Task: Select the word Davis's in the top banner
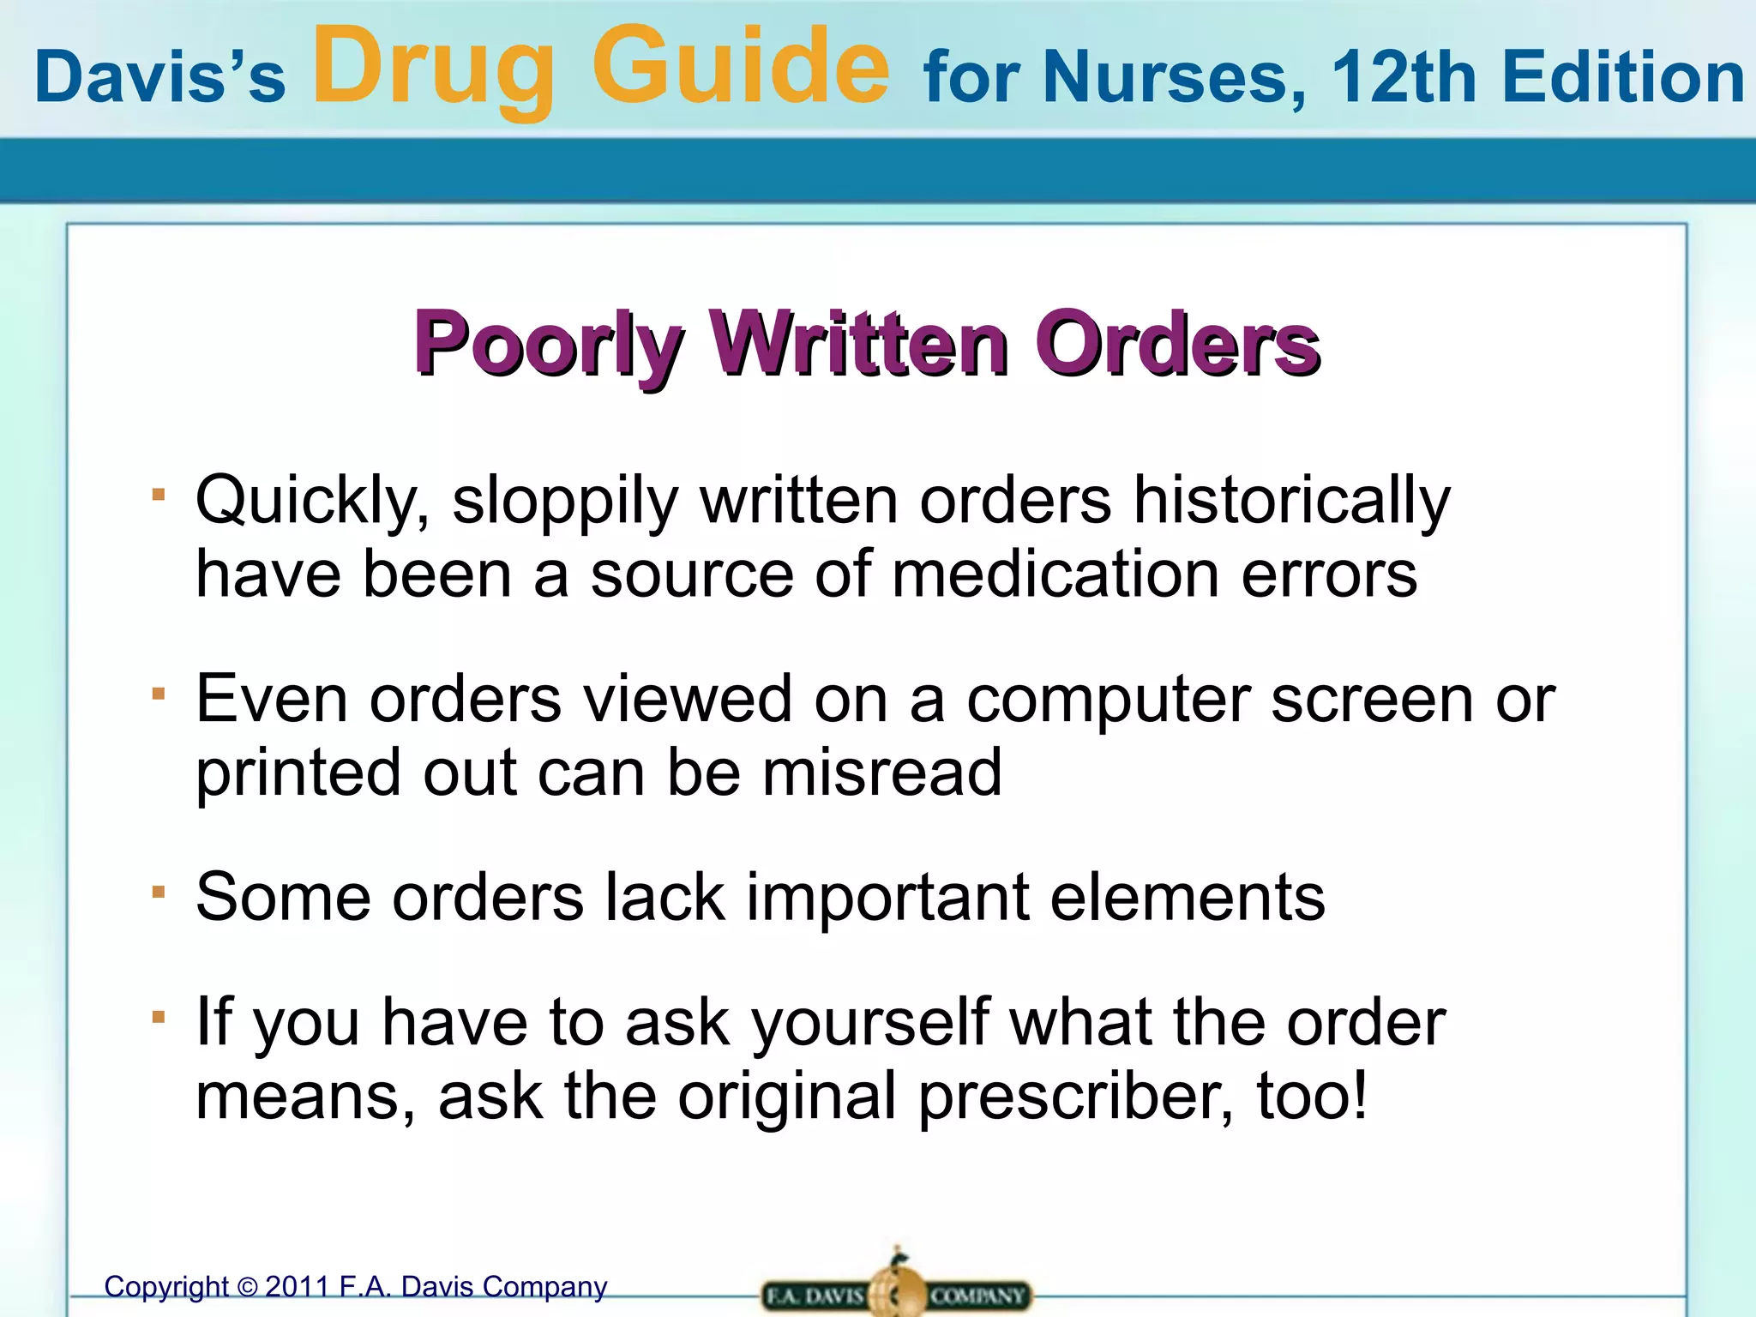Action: (159, 77)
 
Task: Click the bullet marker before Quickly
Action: (158, 494)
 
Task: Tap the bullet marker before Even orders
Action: (158, 693)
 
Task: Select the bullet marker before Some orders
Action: (158, 892)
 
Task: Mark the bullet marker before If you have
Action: (158, 1017)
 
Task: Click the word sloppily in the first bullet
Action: (564, 502)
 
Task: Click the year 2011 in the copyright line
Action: (297, 1287)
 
